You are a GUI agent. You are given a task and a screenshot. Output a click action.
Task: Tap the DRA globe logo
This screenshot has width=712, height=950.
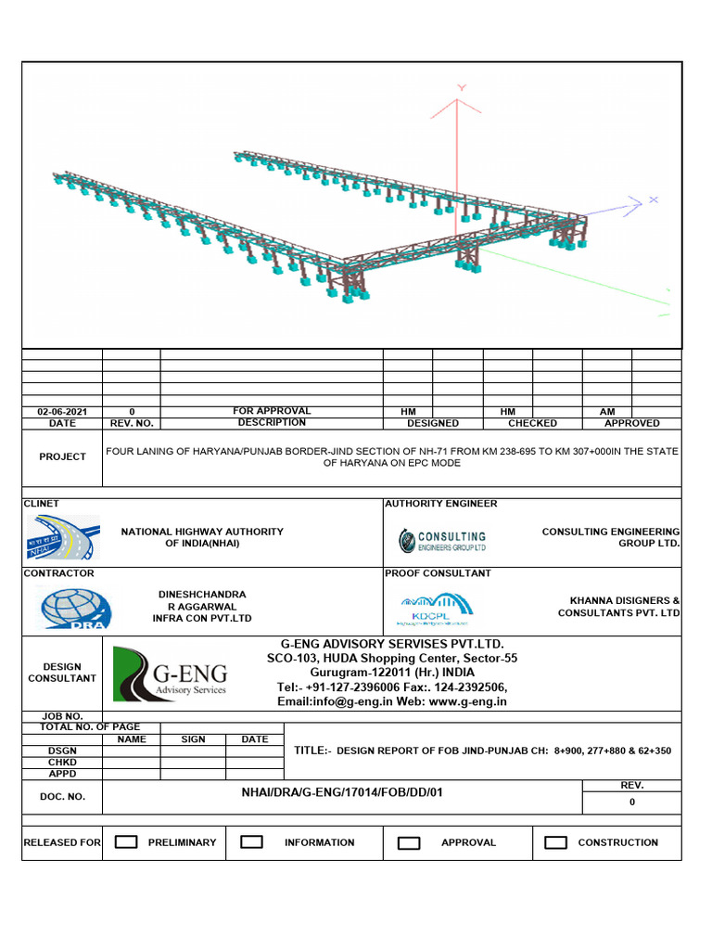click(x=75, y=608)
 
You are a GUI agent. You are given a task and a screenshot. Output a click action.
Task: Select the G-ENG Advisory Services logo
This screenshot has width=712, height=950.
click(x=170, y=674)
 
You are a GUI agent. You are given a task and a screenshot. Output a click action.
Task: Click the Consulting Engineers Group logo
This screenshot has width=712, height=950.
click(x=442, y=540)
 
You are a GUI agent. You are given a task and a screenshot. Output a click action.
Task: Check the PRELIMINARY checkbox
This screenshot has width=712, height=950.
click(x=126, y=842)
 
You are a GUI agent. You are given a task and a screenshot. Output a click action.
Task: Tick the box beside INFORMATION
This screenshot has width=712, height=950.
click(x=251, y=842)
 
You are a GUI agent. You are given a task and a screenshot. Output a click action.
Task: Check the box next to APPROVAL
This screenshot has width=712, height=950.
click(x=409, y=842)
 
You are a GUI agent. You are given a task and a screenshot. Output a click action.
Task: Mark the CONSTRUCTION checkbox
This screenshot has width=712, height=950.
click(x=555, y=842)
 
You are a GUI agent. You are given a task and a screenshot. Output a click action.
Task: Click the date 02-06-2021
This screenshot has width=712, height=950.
click(x=62, y=411)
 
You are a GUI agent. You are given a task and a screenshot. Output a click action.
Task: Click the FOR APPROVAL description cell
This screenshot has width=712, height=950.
click(x=272, y=411)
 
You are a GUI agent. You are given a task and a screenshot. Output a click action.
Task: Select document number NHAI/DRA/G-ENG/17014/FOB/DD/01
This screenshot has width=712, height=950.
click(x=341, y=795)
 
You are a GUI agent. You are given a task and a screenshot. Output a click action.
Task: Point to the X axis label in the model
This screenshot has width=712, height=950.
click(x=653, y=199)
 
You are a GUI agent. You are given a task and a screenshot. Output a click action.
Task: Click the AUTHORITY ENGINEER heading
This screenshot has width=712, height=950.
click(x=441, y=504)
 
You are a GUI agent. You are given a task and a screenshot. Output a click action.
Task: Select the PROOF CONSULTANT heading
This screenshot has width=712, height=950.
click(x=439, y=573)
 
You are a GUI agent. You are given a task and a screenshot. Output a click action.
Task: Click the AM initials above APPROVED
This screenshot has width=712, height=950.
click(x=607, y=411)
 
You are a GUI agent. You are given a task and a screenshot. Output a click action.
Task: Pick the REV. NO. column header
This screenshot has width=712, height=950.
click(x=132, y=423)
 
